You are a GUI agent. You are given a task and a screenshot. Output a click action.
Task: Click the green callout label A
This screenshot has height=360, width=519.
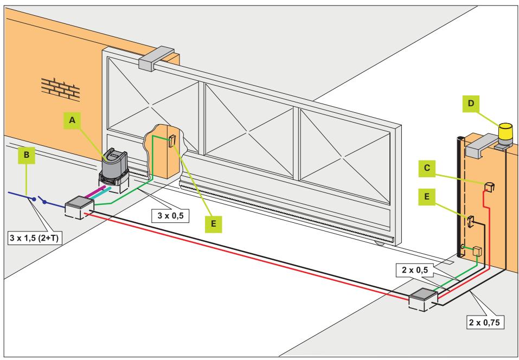pos(72,120)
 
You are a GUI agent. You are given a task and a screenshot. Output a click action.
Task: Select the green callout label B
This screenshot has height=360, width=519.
pos(27,155)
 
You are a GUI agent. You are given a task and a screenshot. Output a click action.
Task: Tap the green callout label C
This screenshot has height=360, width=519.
pos(427,168)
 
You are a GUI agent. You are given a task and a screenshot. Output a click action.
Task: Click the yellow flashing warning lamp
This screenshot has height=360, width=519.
pos(505,134)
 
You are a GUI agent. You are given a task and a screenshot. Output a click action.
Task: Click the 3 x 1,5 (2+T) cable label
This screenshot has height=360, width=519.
pos(34,238)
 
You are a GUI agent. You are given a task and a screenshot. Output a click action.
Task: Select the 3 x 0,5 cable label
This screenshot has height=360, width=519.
pos(170,216)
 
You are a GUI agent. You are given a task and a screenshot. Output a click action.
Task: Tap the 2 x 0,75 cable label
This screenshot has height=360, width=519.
pos(486,322)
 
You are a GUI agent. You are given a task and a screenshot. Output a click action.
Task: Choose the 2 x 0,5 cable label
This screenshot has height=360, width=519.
pos(414,269)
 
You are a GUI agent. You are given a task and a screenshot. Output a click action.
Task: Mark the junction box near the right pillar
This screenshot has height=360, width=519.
pos(424,299)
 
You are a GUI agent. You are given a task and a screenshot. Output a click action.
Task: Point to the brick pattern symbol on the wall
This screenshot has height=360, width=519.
pos(61,89)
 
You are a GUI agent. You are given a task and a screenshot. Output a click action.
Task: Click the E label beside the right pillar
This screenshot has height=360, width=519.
pos(427,197)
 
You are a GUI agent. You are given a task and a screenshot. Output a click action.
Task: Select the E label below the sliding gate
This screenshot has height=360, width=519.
pos(213,224)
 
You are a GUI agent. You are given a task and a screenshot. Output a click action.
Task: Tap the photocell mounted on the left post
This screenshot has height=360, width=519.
pos(172,141)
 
